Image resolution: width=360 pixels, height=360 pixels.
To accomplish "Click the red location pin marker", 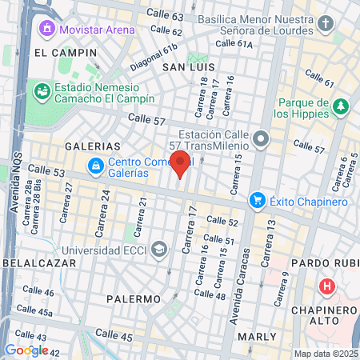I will tap(181, 163).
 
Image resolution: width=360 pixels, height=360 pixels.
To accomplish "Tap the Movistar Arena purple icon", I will tap(47, 30).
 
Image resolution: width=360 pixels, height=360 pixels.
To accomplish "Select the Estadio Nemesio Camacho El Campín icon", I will tap(41, 91).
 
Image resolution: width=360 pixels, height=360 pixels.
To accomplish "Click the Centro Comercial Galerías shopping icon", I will tap(96, 166).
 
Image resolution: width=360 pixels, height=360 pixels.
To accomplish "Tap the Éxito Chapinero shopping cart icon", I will tap(257, 200).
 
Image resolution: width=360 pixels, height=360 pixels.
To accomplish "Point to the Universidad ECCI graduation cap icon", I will tap(159, 248).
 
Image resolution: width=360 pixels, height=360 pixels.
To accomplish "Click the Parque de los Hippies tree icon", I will tap(342, 106).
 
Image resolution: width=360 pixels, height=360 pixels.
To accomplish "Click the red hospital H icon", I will tap(326, 286).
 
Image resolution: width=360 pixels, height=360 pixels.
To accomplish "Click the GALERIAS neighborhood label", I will tap(92, 146).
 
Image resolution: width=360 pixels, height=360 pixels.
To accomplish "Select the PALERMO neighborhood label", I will tap(134, 298).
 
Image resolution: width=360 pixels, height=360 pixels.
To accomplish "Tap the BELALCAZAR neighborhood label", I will tap(28, 262).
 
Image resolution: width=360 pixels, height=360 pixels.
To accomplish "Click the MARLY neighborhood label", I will tap(258, 338).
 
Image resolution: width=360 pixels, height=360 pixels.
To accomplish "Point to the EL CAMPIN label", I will tap(65, 52).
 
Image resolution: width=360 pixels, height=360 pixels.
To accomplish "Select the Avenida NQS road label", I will tap(14, 182).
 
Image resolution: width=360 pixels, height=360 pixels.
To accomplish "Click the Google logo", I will tap(26, 350).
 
